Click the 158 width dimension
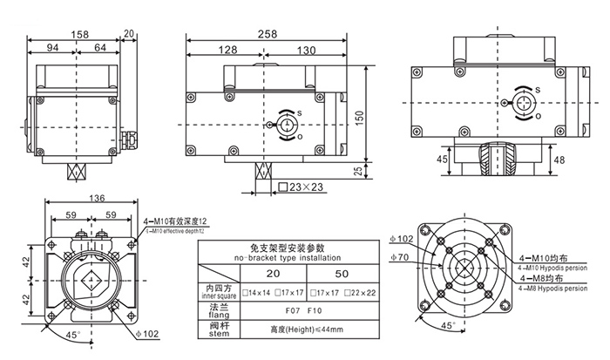(78, 36)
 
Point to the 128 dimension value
(228, 51)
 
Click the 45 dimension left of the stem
(442, 160)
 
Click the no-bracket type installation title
(271, 259)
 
